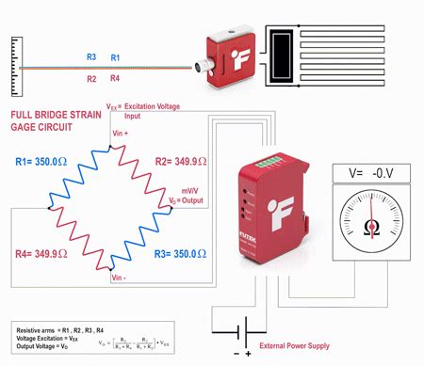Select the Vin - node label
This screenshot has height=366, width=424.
pyautogui.click(x=120, y=278)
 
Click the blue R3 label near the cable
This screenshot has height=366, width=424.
pyautogui.click(x=91, y=57)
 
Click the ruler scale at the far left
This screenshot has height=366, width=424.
pyautogui.click(x=12, y=67)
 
